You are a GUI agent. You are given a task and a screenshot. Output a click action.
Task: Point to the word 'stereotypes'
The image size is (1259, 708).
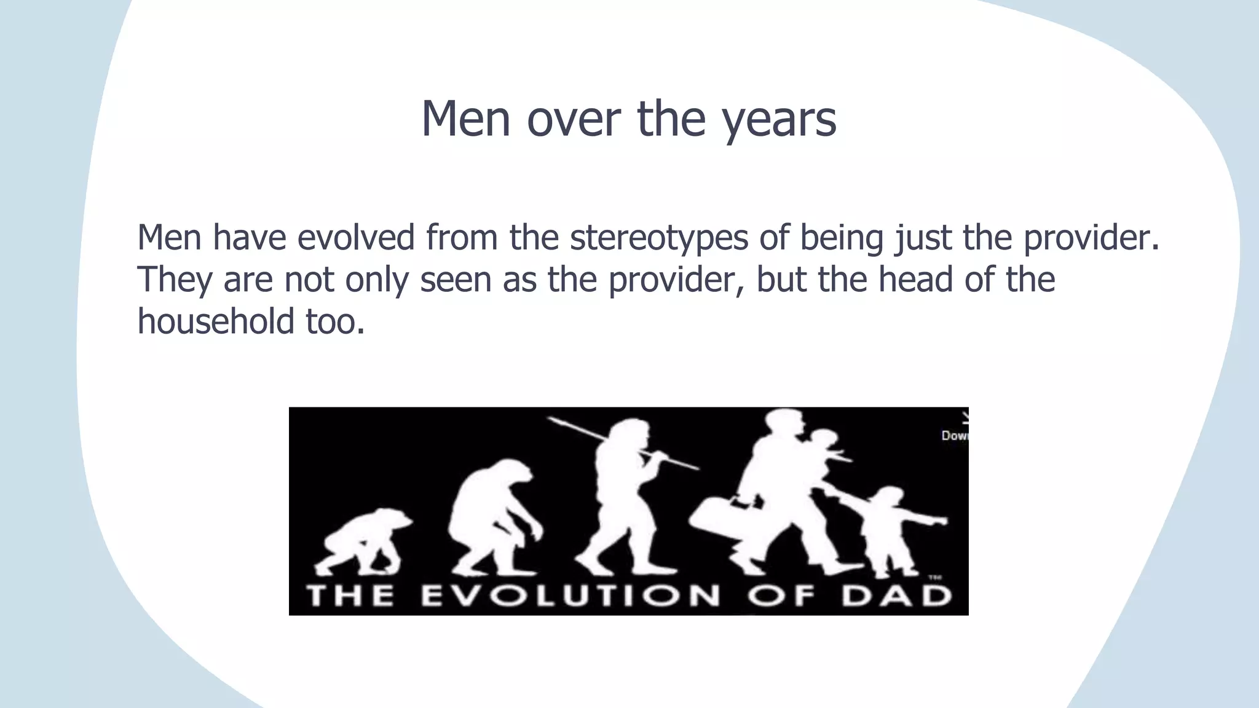(659, 238)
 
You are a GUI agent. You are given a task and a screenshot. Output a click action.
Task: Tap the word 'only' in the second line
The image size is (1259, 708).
(376, 280)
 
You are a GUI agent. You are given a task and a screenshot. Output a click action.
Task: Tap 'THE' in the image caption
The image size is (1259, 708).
(350, 596)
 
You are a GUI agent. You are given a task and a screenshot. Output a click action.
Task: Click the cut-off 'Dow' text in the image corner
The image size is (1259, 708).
(954, 436)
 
